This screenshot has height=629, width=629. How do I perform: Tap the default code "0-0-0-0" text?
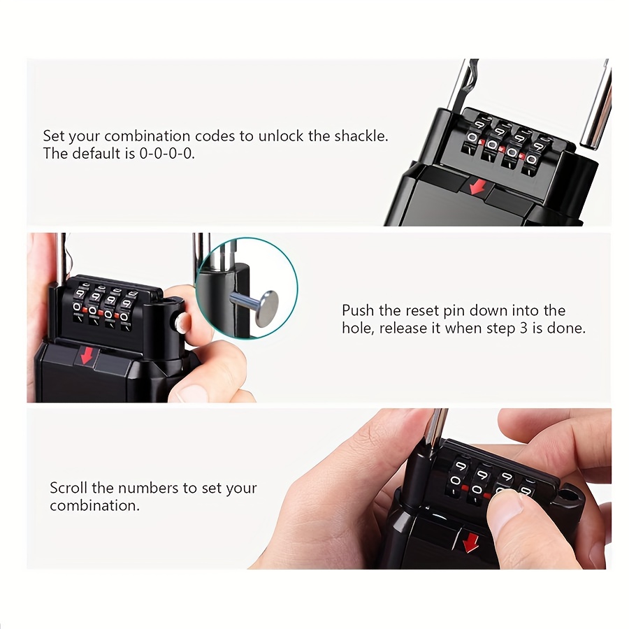point(167,154)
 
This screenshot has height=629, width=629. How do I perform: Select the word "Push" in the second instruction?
point(359,310)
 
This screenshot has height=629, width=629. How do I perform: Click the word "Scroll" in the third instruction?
point(68,489)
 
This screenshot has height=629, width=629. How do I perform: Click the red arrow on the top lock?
point(477,186)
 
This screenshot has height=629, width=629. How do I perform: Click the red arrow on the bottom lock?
point(470,542)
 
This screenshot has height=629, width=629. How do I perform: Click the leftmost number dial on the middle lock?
point(79,304)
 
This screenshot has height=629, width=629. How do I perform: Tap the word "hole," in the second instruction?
point(358,328)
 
